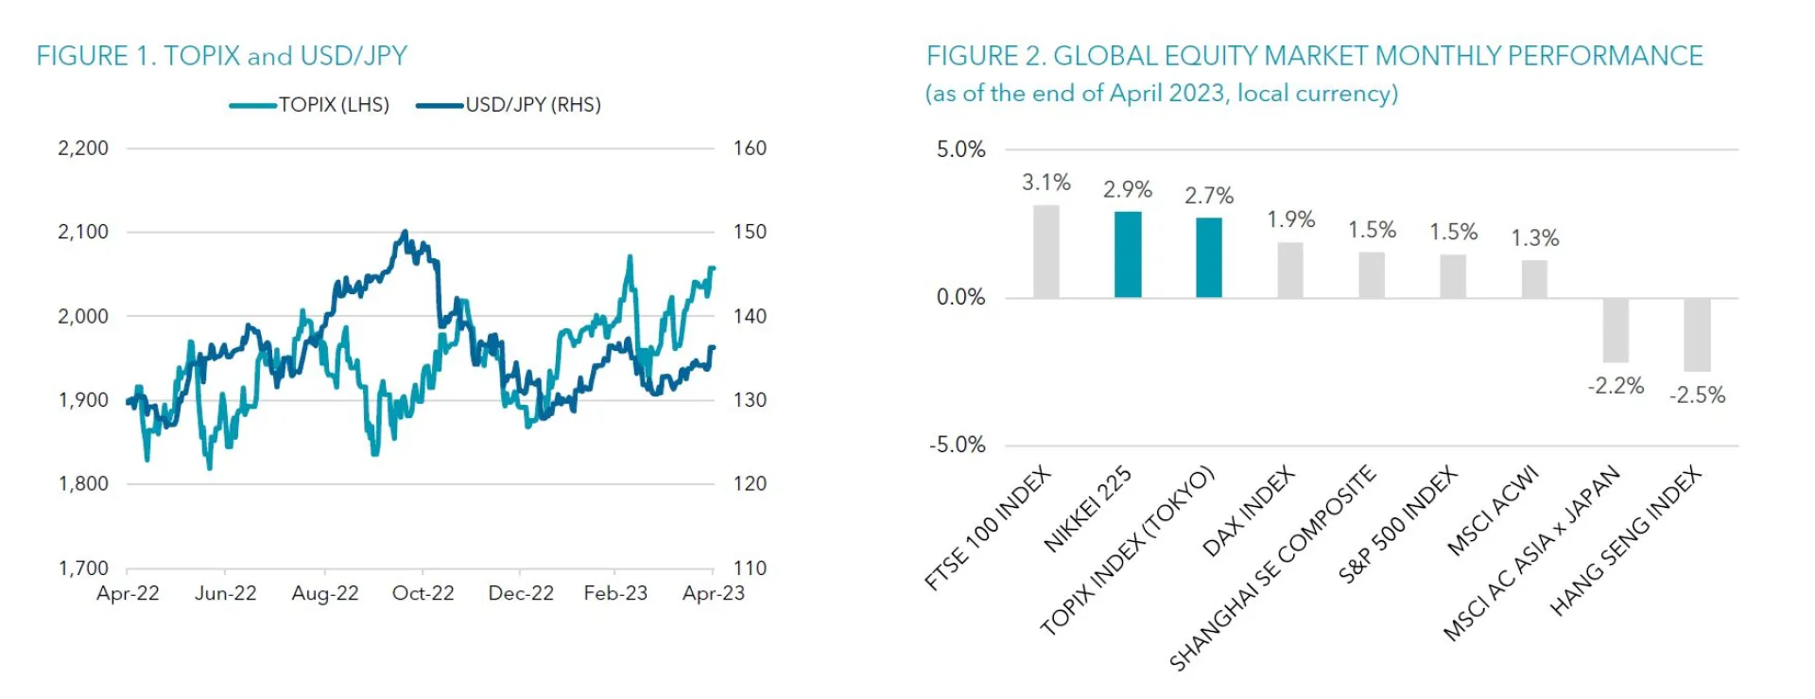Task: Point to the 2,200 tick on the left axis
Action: tap(83, 149)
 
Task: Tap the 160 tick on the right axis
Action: tap(750, 149)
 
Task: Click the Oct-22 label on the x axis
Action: tap(423, 593)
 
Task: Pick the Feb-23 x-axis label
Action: tap(615, 593)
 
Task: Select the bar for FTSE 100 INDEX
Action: tap(1046, 252)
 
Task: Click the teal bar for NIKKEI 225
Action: tap(1128, 254)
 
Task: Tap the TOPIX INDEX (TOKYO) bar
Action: tap(1209, 257)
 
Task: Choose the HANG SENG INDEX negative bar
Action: tap(1697, 335)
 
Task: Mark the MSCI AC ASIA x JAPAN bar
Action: tap(1616, 330)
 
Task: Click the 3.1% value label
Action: tap(1046, 183)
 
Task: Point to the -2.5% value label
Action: tap(1697, 395)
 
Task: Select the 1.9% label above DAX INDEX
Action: tap(1290, 219)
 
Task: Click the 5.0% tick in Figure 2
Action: tap(960, 149)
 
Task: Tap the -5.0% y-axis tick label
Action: tap(957, 446)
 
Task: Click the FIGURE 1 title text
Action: tap(221, 56)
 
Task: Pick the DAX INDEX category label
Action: tap(1248, 512)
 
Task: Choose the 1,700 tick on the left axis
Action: tap(83, 568)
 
